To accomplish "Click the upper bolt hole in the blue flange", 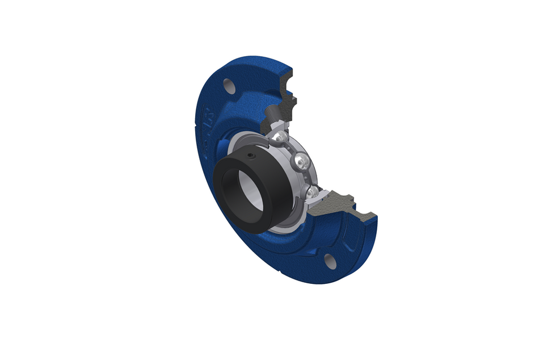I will [x=229, y=86].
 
